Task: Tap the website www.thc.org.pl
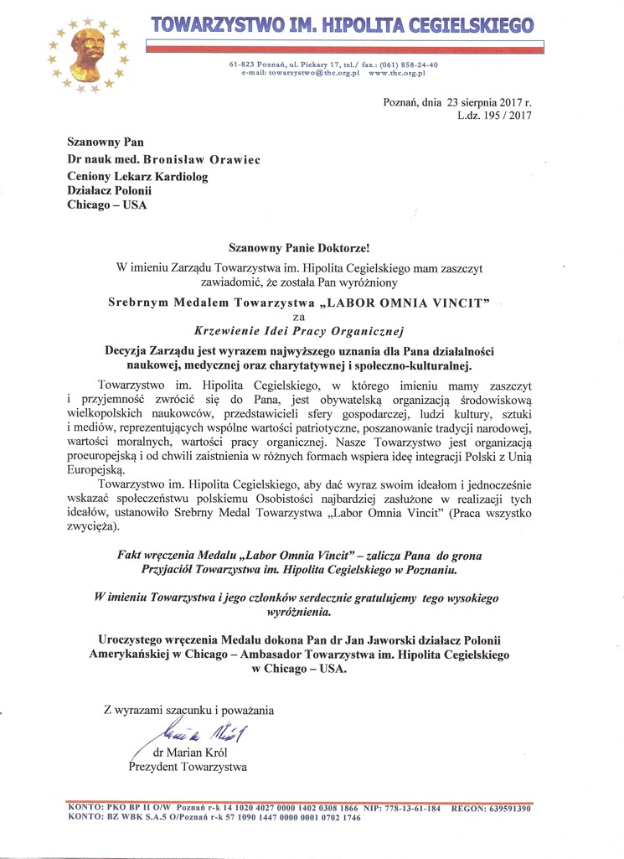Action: (x=397, y=73)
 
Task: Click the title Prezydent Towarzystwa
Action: (x=187, y=766)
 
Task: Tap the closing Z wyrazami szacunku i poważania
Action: (x=188, y=711)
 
